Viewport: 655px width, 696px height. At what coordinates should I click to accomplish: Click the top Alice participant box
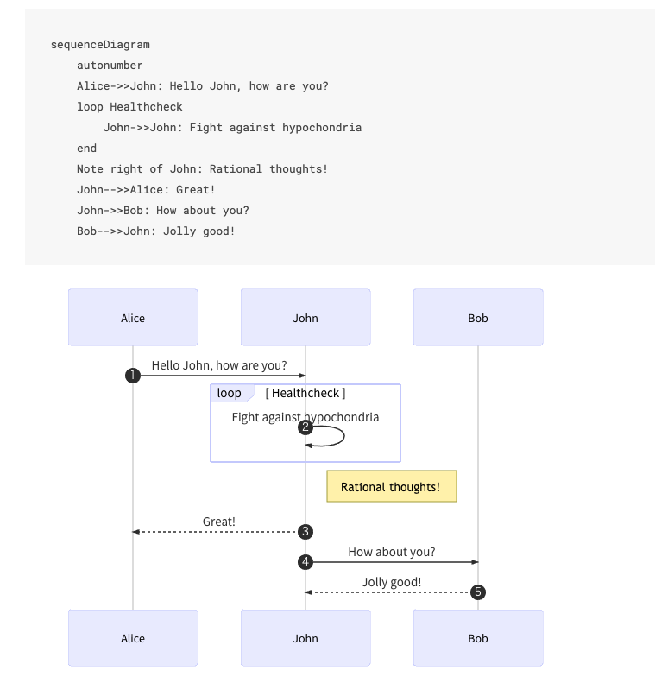pyautogui.click(x=133, y=318)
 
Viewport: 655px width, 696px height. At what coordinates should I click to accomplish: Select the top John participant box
pyautogui.click(x=305, y=318)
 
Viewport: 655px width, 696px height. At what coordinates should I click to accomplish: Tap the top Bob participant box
pyautogui.click(x=478, y=318)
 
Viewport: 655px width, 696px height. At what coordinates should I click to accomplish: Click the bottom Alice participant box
pyautogui.click(x=133, y=638)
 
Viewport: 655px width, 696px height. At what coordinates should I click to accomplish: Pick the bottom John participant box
pyautogui.click(x=305, y=638)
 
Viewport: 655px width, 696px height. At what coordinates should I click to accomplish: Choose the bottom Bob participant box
pyautogui.click(x=478, y=638)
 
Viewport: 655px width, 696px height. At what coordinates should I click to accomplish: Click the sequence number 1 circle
pyautogui.click(x=133, y=376)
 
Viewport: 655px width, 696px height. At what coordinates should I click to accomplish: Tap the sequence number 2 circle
pyautogui.click(x=305, y=427)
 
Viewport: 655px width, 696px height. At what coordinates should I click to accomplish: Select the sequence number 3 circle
pyautogui.click(x=305, y=532)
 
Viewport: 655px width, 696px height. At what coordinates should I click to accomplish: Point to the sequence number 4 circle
pyautogui.click(x=305, y=562)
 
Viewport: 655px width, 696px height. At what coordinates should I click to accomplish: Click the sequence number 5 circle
pyautogui.click(x=477, y=592)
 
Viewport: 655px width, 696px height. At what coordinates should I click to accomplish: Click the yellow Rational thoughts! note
pyautogui.click(x=392, y=486)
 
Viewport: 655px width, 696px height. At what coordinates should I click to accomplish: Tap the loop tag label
pyautogui.click(x=230, y=393)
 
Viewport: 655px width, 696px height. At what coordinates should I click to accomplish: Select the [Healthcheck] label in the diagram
pyautogui.click(x=305, y=393)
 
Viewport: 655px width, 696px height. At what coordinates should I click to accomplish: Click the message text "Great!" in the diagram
pyautogui.click(x=219, y=522)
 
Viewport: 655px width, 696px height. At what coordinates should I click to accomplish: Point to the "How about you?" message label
pyautogui.click(x=392, y=552)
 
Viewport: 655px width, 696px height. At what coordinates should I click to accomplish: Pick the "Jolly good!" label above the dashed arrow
pyautogui.click(x=392, y=582)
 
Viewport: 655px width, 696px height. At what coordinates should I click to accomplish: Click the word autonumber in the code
pyautogui.click(x=110, y=66)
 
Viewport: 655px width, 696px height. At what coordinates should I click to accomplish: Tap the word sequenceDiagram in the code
pyautogui.click(x=100, y=45)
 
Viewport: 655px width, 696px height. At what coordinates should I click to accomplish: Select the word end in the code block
pyautogui.click(x=86, y=149)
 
